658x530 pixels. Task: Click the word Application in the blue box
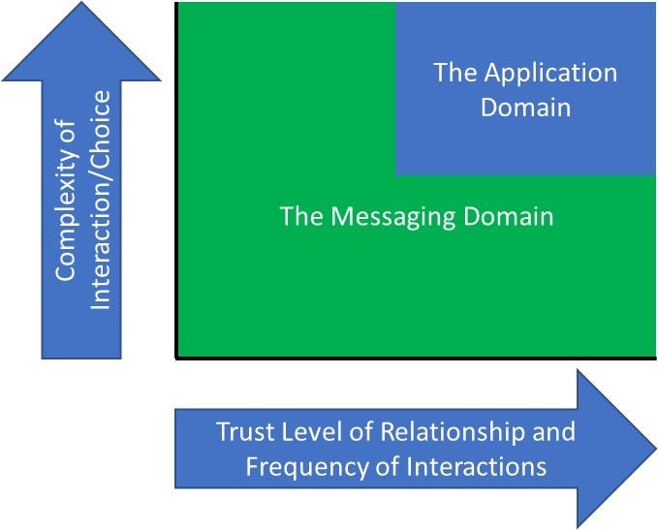550,74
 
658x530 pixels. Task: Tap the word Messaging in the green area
392,217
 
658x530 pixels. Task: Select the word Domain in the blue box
525,107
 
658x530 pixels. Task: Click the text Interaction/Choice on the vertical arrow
101,200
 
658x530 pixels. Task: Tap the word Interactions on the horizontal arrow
476,466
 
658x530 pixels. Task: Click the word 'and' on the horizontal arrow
554,431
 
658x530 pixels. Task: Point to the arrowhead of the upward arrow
81,41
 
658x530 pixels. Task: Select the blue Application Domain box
525,88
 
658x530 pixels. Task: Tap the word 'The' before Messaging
301,216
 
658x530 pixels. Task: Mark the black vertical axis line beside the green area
176,180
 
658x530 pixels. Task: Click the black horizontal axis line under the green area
416,359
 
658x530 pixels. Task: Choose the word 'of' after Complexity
66,130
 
